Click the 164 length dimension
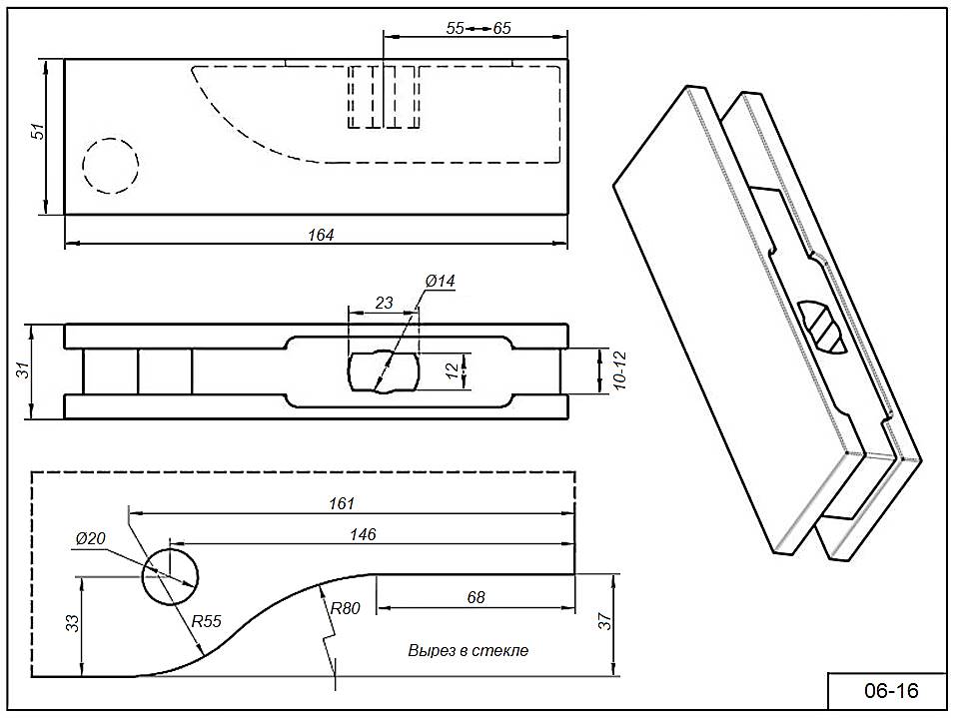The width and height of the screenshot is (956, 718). click(x=321, y=235)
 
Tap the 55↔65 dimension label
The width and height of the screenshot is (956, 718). click(x=478, y=29)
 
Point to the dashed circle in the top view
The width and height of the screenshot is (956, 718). click(x=111, y=165)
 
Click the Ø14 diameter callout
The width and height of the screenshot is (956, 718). click(x=440, y=282)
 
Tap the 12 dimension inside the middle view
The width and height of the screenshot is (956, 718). click(x=453, y=370)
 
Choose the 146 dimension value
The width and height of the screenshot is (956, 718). click(x=363, y=535)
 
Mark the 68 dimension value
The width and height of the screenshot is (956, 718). click(x=476, y=597)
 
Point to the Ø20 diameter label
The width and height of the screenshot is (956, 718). click(x=90, y=539)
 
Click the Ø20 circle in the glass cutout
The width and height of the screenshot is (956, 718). click(x=170, y=576)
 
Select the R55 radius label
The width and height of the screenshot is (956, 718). click(x=206, y=620)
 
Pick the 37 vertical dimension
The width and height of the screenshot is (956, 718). click(x=602, y=621)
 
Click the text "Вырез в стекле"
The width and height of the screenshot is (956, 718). click(x=468, y=650)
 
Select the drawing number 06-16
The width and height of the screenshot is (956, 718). click(x=889, y=690)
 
